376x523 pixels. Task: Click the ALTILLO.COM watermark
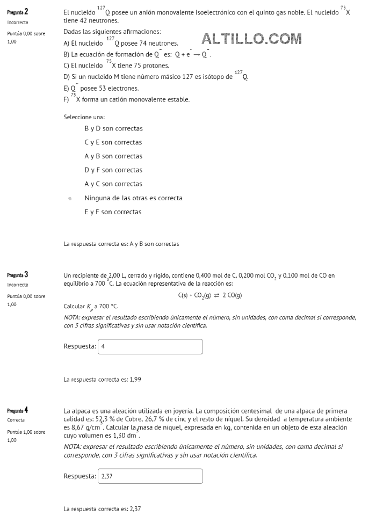pyautogui.click(x=252, y=39)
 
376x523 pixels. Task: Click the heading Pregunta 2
pyautogui.click(x=18, y=12)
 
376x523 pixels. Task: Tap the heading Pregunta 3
pyautogui.click(x=18, y=275)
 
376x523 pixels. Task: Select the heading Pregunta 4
pyautogui.click(x=18, y=410)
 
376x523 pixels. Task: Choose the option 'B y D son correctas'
pyautogui.click(x=113, y=129)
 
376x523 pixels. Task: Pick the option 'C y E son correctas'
pyautogui.click(x=113, y=143)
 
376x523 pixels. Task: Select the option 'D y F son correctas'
pyautogui.click(x=113, y=170)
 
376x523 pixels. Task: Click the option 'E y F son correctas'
pyautogui.click(x=113, y=212)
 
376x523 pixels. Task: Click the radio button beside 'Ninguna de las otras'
pyautogui.click(x=70, y=198)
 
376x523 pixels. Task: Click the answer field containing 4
pyautogui.click(x=150, y=346)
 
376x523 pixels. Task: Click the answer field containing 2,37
pyautogui.click(x=150, y=476)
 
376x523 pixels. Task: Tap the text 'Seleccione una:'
pyautogui.click(x=84, y=117)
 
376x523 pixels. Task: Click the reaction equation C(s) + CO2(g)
pyautogui.click(x=209, y=295)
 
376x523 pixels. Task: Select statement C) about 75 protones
pyautogui.click(x=116, y=66)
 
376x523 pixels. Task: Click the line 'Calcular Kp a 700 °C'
pyautogui.click(x=90, y=307)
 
